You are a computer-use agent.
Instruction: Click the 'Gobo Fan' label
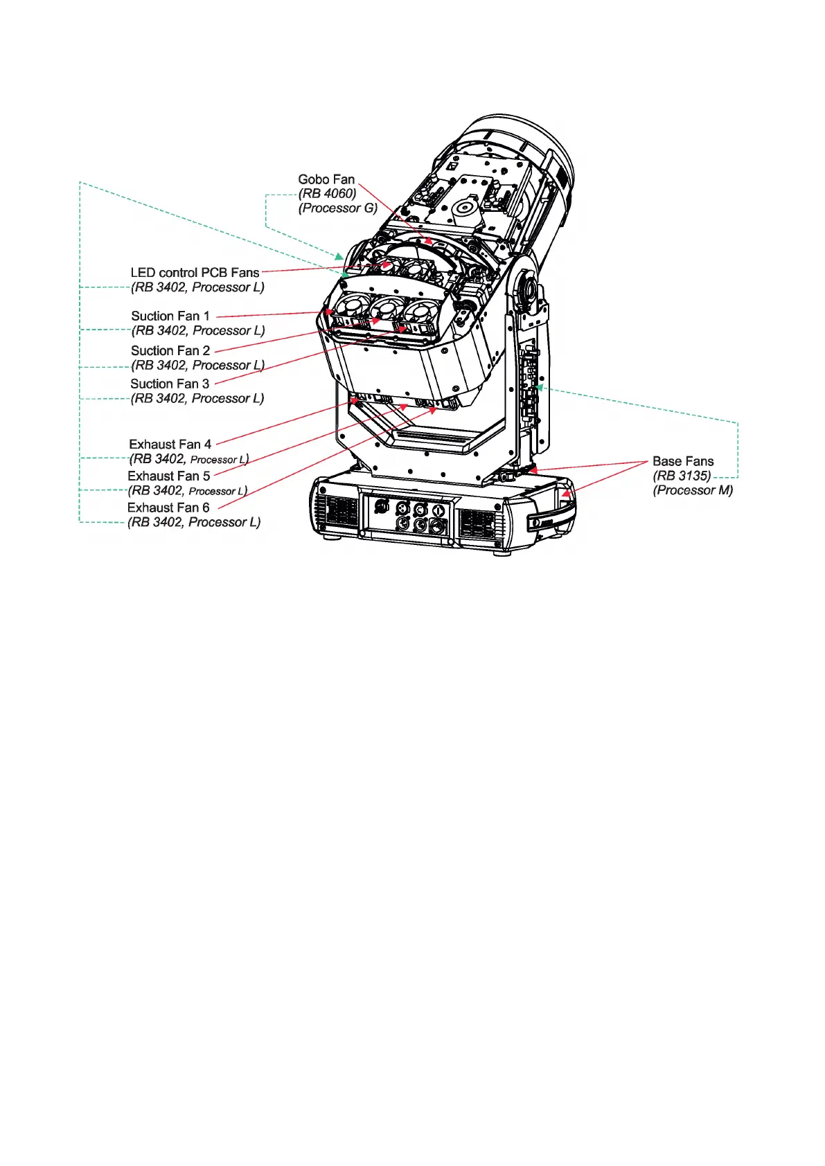click(x=326, y=179)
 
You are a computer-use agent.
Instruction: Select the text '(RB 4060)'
click(x=327, y=194)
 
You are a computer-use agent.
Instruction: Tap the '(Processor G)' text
click(x=338, y=208)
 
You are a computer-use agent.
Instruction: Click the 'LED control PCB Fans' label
click(x=195, y=273)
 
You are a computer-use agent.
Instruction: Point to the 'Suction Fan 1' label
click(x=170, y=316)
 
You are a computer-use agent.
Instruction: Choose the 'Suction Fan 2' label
click(x=170, y=351)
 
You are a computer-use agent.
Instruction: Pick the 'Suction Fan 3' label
click(x=170, y=384)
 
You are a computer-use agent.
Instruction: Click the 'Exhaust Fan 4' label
click(x=170, y=445)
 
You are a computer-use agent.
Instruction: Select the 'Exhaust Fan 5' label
click(x=169, y=476)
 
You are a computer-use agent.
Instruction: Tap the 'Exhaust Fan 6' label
click(x=168, y=508)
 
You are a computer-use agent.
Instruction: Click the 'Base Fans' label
click(x=682, y=462)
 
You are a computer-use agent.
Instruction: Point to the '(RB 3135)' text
click(x=682, y=476)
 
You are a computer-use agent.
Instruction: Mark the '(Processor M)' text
click(x=693, y=491)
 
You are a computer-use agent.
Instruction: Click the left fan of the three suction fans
click(x=351, y=309)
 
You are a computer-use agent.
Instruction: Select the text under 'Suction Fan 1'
click(x=198, y=331)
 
